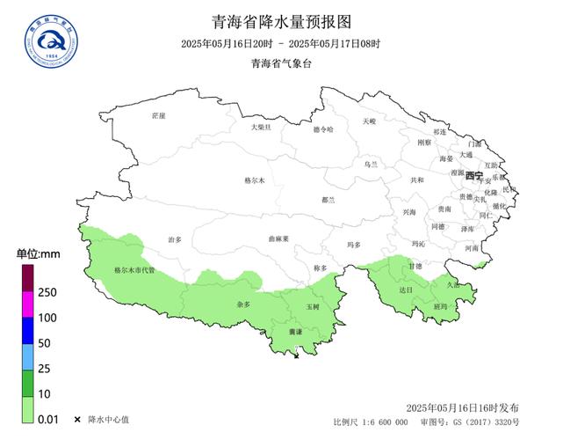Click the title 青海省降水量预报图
(x=280, y=21)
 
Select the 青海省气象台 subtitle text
(x=280, y=63)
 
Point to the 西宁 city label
(x=473, y=175)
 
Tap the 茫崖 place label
(x=158, y=115)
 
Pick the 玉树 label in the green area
(x=314, y=306)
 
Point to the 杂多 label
(x=243, y=304)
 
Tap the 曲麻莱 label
(x=278, y=238)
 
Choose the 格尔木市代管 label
(x=134, y=270)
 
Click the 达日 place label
(x=405, y=289)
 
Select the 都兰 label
(x=329, y=200)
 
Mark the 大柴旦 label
(x=261, y=127)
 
